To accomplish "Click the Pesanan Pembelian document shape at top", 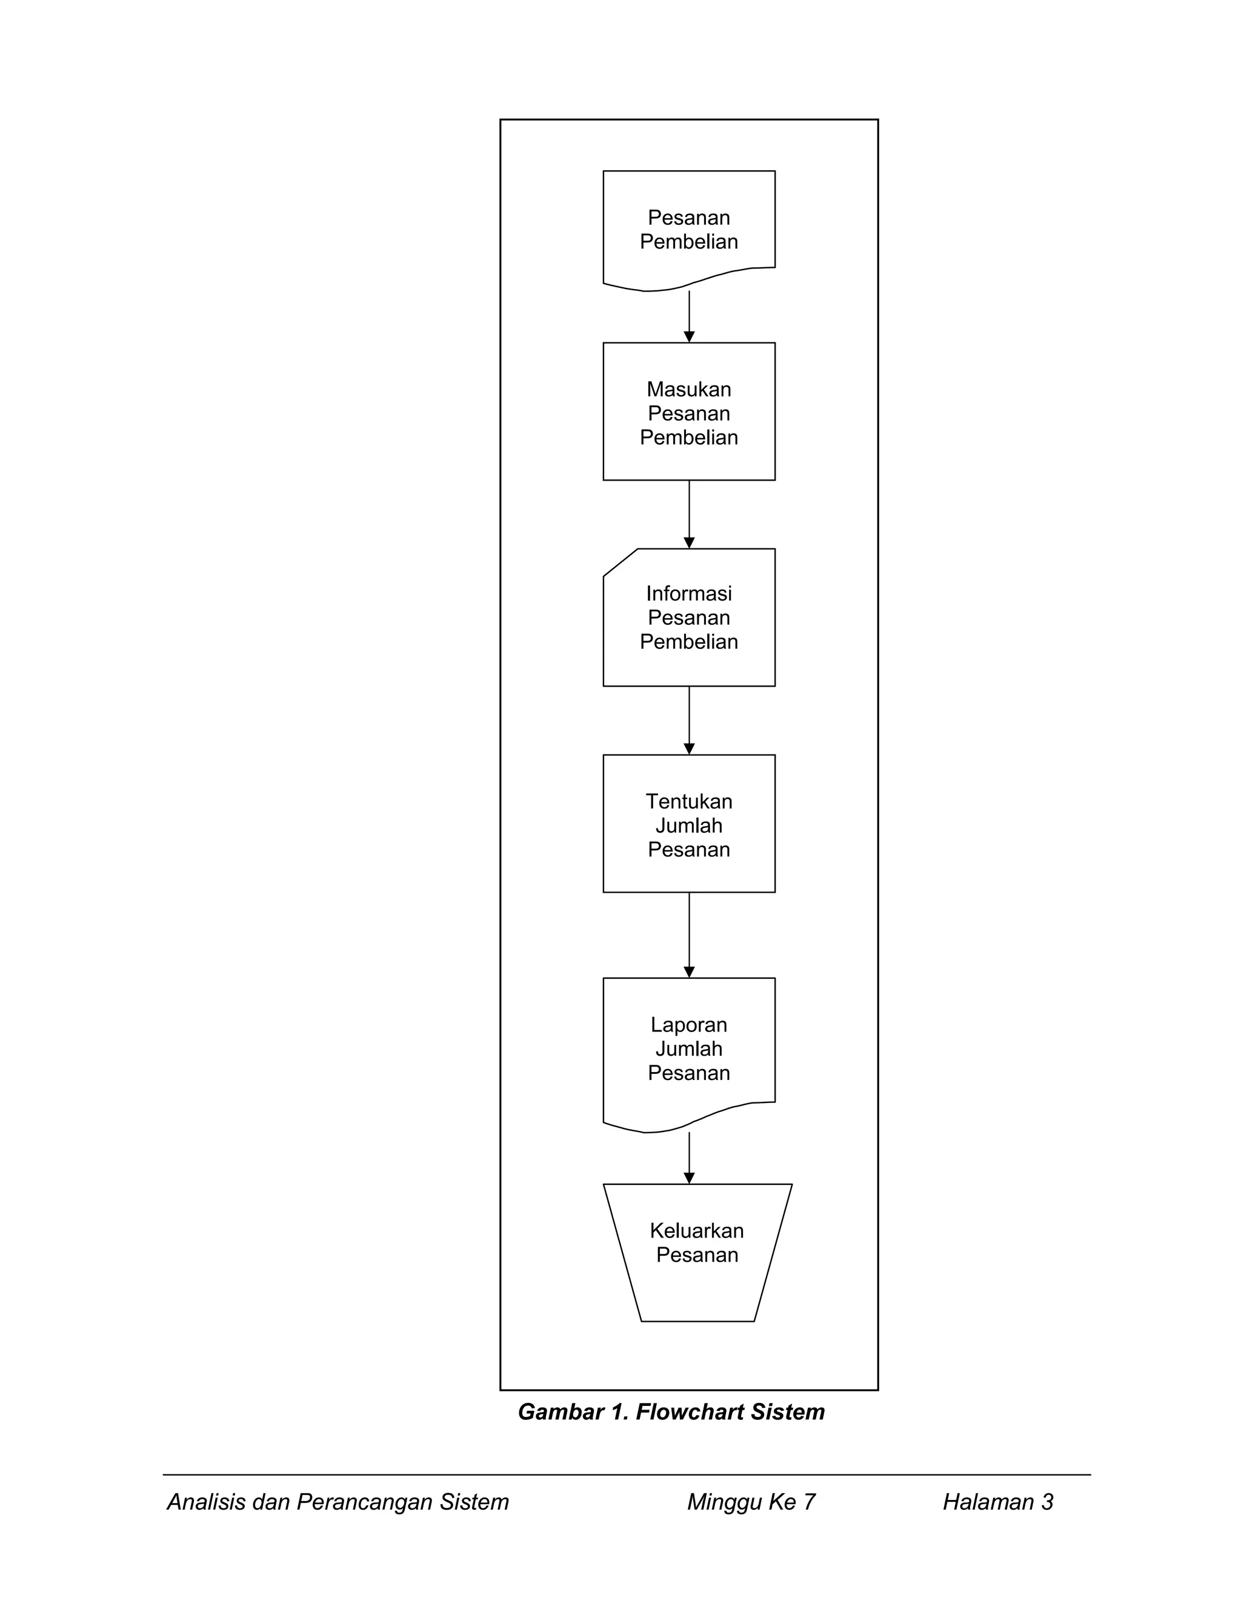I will pyautogui.click(x=689, y=228).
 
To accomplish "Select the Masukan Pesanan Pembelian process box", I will pyautogui.click(x=689, y=411).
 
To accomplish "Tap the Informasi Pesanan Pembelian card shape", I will pyautogui.click(x=689, y=618).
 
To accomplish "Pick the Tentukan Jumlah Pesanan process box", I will pyautogui.click(x=689, y=824).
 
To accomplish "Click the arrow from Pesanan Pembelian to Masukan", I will pyautogui.click(x=689, y=317).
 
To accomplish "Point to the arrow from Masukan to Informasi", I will pyautogui.click(x=689, y=514).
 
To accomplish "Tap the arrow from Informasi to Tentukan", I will pyautogui.click(x=689, y=721).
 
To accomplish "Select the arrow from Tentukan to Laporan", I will pyautogui.click(x=689, y=935).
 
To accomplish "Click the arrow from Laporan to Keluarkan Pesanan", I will pyautogui.click(x=689, y=1158).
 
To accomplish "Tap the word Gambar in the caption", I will pyautogui.click(x=561, y=1413).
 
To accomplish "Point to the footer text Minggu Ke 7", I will pyautogui.click(x=751, y=1502).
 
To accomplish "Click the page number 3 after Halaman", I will pyautogui.click(x=1047, y=1502).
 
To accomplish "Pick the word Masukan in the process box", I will pyautogui.click(x=689, y=389).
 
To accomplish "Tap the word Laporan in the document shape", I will pyautogui.click(x=689, y=1025).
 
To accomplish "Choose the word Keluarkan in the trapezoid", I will pyautogui.click(x=697, y=1231).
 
